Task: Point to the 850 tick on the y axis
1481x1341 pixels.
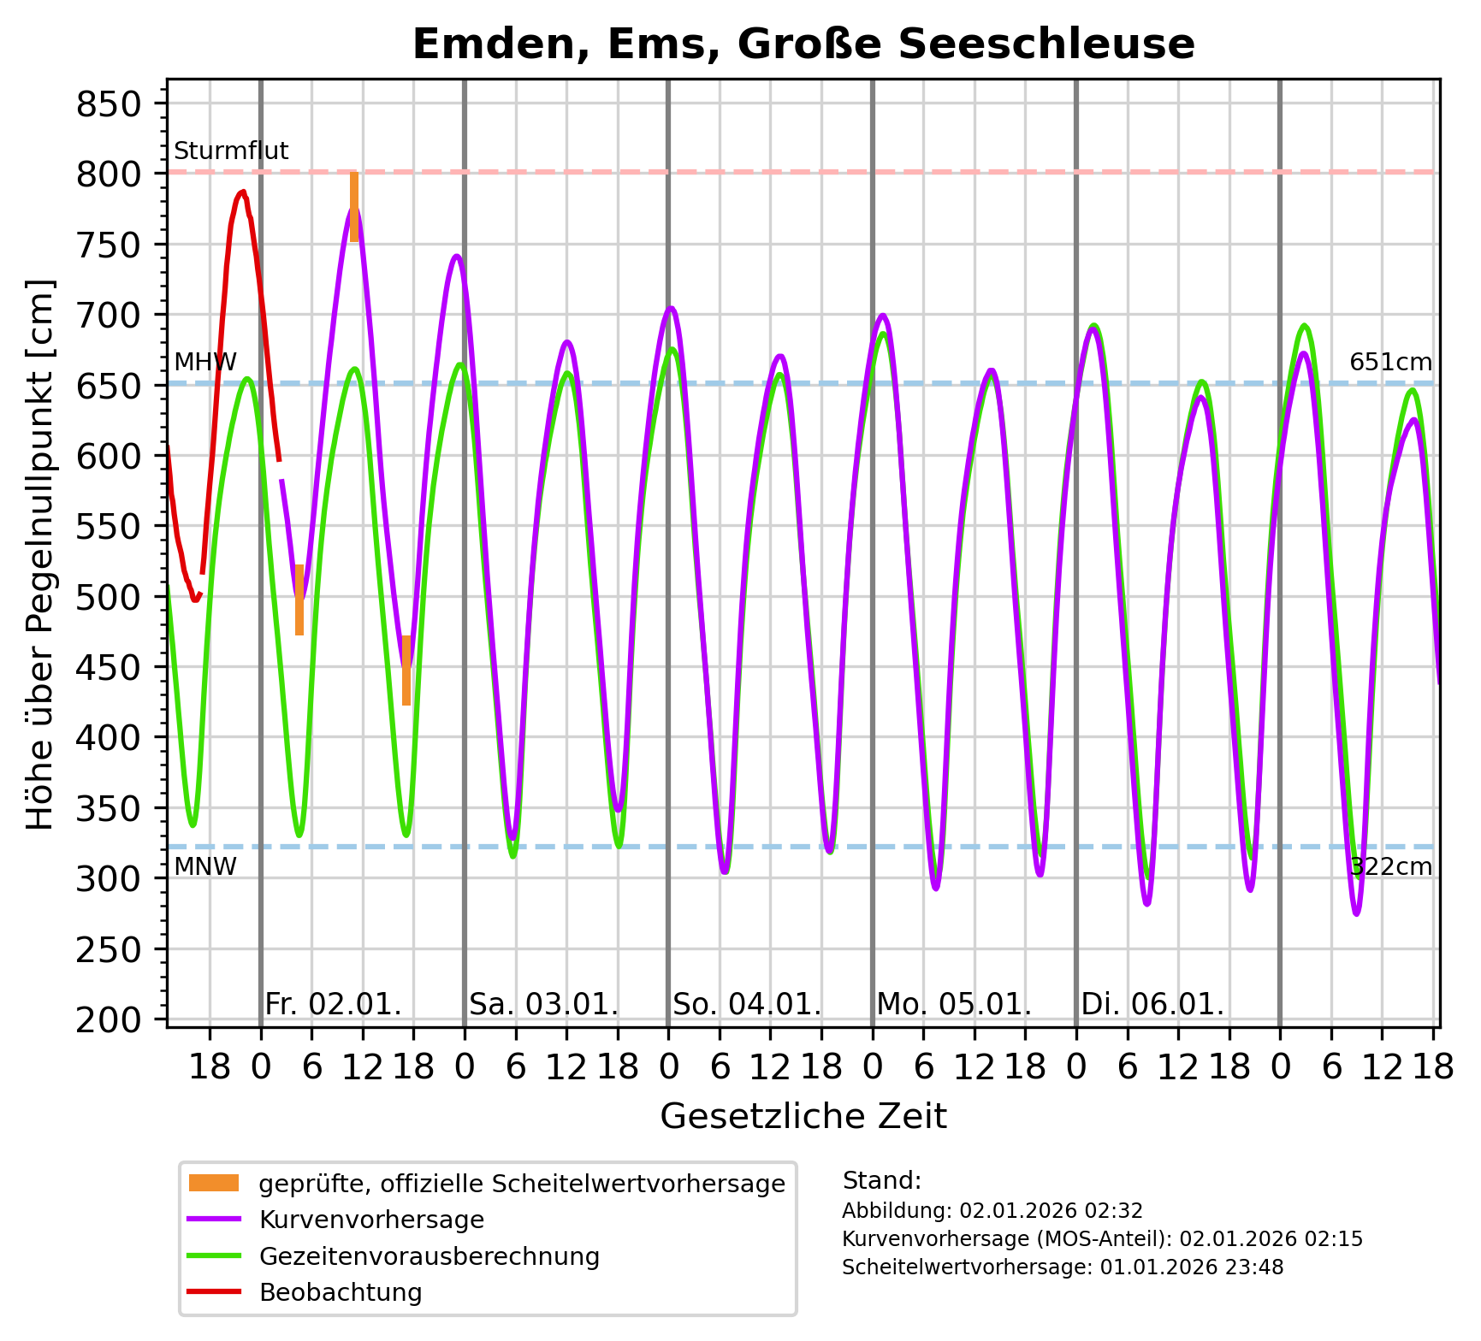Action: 108,104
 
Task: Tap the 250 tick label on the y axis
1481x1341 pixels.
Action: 108,949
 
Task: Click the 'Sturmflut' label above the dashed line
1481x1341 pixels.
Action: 231,151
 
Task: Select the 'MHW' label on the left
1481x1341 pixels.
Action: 204,363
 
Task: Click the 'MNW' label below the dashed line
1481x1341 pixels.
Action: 204,867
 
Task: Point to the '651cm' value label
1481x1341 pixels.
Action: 1390,363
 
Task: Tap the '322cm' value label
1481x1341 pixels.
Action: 1390,867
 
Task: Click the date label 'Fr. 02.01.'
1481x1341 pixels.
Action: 333,1004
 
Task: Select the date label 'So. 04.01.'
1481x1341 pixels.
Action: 747,1004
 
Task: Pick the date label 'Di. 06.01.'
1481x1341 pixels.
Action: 1152,1004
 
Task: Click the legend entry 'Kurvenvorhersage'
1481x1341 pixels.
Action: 371,1220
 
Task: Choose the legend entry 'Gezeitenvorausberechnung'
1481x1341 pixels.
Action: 429,1256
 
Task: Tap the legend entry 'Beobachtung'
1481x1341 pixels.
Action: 341,1292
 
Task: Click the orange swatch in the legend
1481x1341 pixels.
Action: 214,1184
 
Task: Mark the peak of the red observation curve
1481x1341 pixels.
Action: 243,192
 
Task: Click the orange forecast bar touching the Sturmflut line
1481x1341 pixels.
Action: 354,206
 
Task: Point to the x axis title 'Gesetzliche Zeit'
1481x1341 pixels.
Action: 803,1117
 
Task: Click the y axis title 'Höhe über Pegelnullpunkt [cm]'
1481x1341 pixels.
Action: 40,554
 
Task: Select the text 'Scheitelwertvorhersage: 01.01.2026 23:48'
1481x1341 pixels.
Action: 1063,1267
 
